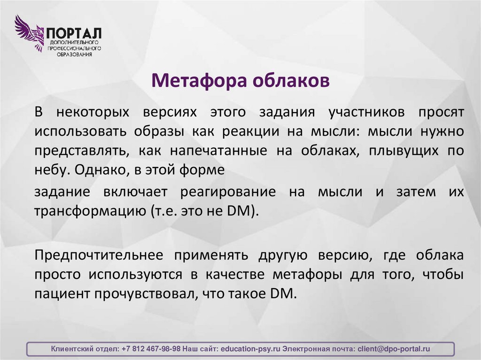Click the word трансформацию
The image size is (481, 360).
(x=89, y=211)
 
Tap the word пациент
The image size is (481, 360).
(x=62, y=293)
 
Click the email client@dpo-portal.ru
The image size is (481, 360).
(x=394, y=349)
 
